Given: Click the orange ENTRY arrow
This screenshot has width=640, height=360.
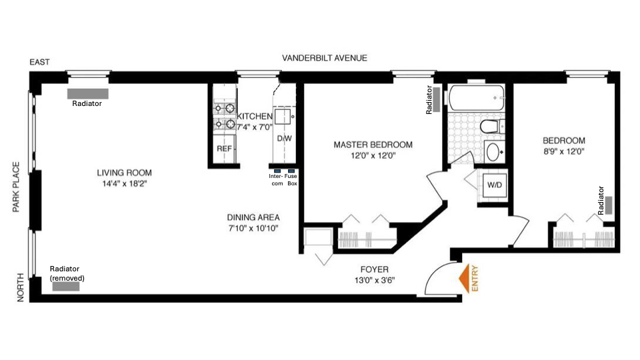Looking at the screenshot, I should [461, 278].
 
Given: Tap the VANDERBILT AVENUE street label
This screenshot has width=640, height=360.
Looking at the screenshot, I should [324, 58].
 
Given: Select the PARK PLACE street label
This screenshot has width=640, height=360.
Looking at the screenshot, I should [18, 187].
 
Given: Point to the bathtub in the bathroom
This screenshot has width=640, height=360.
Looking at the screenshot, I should [477, 99].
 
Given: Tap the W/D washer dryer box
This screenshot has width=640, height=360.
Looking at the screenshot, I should [494, 184].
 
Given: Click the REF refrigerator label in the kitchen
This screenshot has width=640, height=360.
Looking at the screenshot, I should [224, 149].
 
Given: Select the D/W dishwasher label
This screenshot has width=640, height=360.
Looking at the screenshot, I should [285, 138].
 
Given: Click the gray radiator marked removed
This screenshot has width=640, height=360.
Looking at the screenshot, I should [66, 286].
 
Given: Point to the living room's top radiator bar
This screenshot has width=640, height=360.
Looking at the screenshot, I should [87, 93].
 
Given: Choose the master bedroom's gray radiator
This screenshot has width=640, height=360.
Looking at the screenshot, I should [437, 99].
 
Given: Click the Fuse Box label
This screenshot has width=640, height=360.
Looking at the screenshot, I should [291, 179].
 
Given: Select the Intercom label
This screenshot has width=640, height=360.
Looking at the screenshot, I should [276, 179].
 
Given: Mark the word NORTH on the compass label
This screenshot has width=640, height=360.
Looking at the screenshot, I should [20, 288].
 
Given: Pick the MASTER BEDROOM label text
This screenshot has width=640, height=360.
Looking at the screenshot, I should [373, 145].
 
